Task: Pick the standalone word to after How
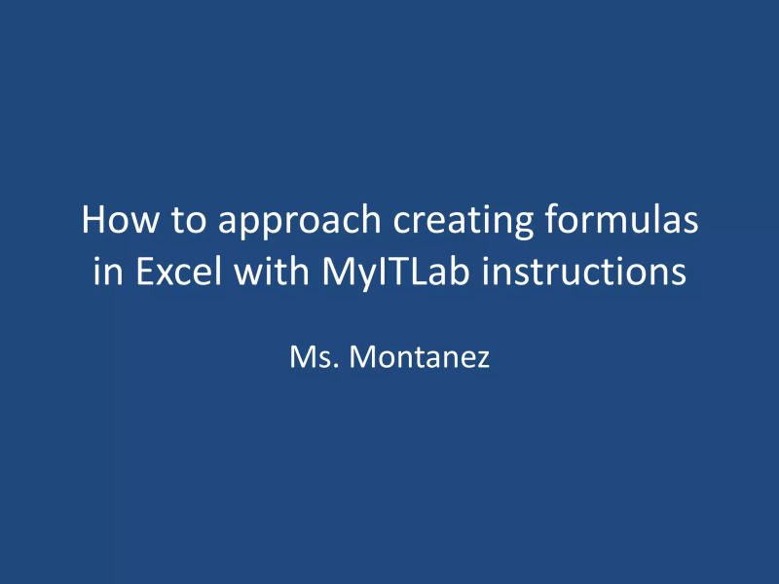pos(187,221)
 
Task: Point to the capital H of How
pos(93,220)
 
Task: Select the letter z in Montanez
pos(482,360)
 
